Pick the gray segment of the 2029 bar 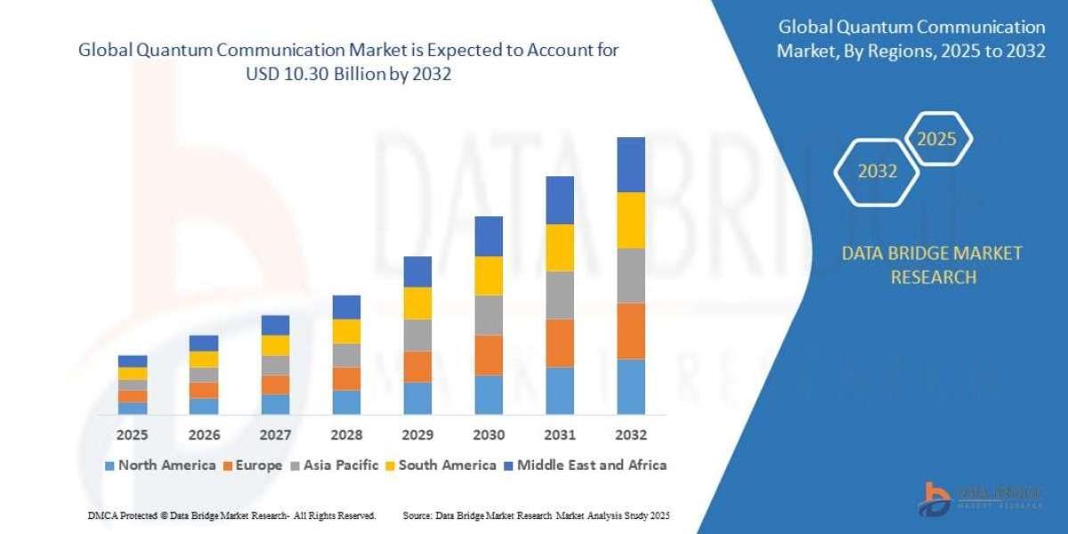(x=417, y=335)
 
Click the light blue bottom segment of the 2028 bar (x=345, y=401)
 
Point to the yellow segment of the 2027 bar (x=275, y=345)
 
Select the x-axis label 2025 (x=132, y=435)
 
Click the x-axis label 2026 (x=203, y=435)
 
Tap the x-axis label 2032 (x=630, y=435)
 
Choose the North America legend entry (x=160, y=465)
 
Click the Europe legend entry (x=253, y=465)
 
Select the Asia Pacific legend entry (x=334, y=465)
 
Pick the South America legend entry (x=440, y=465)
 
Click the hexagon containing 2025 (x=936, y=139)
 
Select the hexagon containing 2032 (x=877, y=172)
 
